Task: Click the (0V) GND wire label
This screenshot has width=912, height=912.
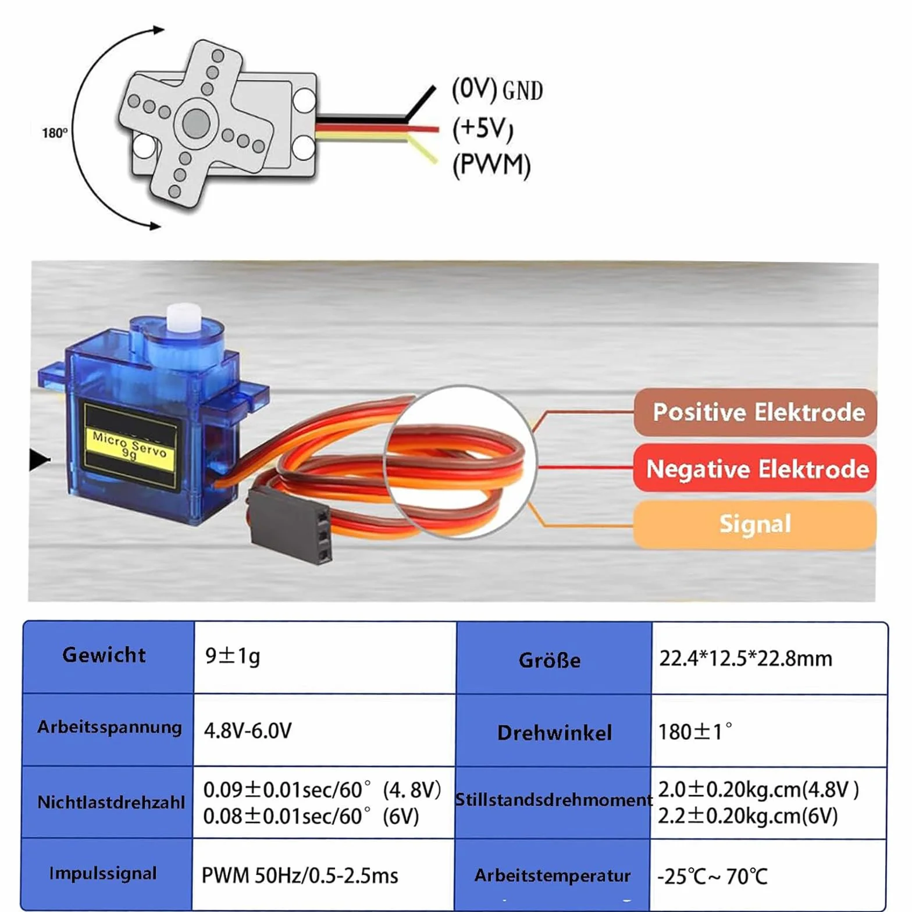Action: point(497,90)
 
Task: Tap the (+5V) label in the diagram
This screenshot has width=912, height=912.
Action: point(483,128)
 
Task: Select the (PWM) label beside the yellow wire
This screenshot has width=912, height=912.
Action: point(491,165)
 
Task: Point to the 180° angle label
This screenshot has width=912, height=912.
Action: point(54,133)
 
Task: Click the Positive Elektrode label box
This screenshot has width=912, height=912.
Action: point(755,412)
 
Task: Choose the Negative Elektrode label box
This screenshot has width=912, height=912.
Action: point(755,468)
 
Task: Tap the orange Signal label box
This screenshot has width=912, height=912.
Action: point(755,524)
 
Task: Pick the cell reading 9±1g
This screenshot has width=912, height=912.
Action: point(325,657)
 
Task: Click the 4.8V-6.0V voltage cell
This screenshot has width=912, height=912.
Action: point(324,730)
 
